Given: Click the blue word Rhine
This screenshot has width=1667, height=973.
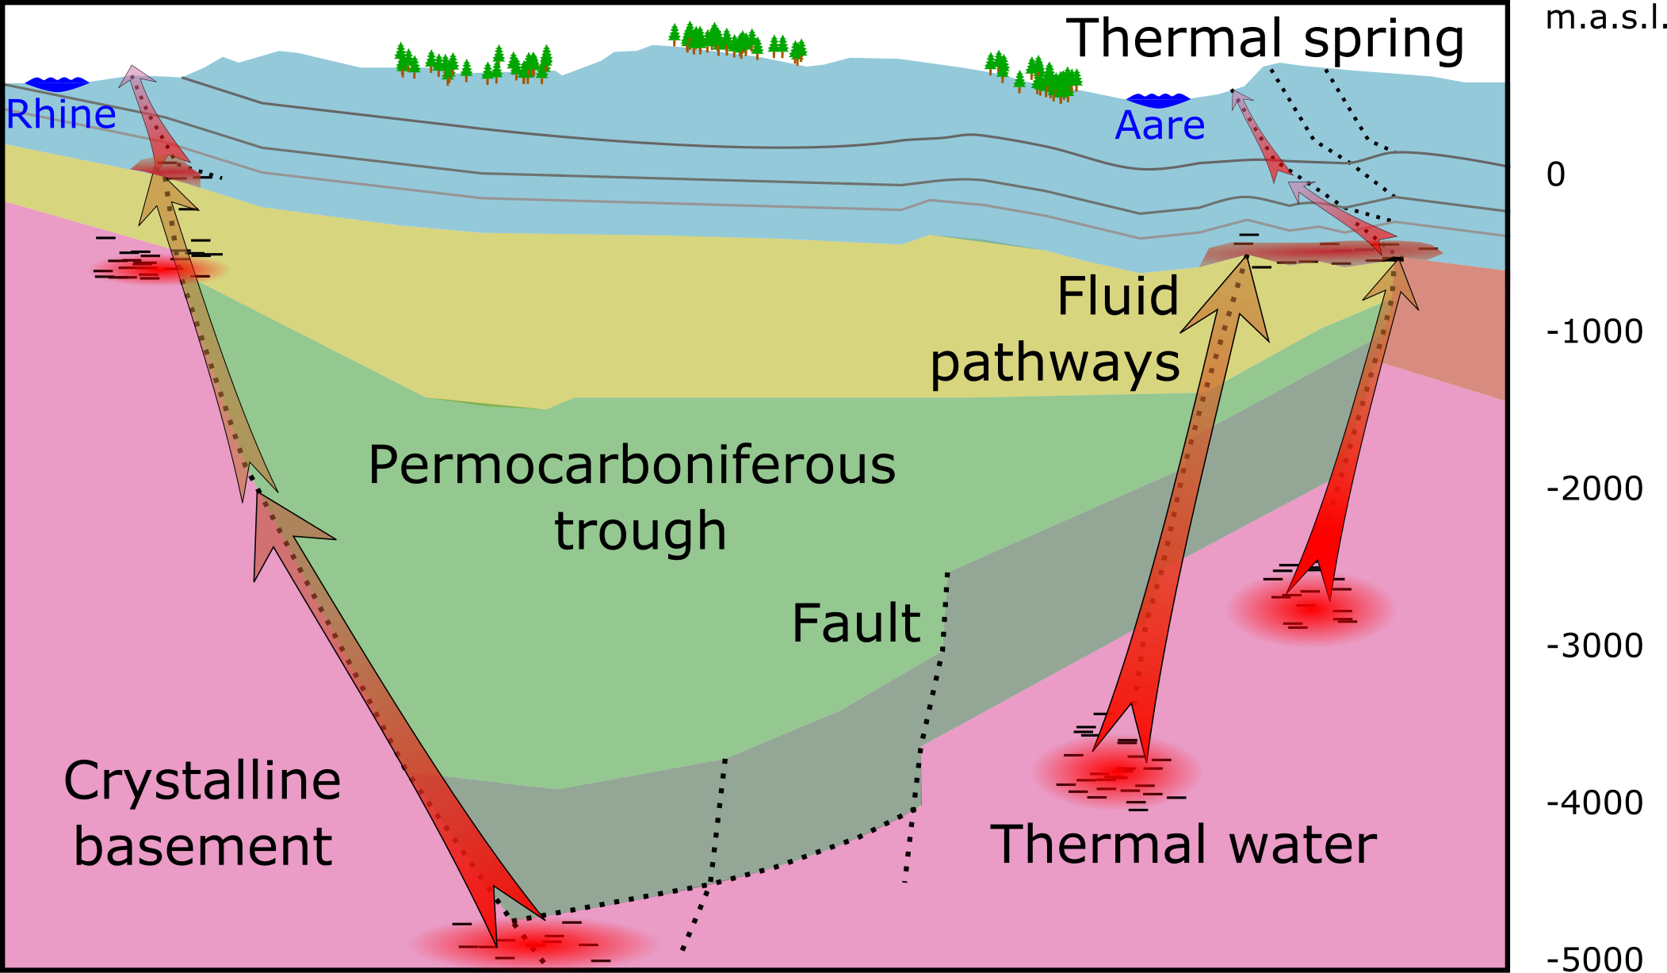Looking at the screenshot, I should click(61, 115).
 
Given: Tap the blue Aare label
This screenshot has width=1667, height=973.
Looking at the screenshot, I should click(1160, 126).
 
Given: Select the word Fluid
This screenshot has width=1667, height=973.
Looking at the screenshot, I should click(1118, 297).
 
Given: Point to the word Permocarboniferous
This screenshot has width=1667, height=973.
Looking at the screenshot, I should click(632, 465).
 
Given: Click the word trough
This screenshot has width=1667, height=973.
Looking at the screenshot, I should click(640, 531).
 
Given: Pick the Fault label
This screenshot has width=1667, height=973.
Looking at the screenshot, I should click(856, 623).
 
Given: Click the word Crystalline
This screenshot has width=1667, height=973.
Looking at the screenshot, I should click(202, 781).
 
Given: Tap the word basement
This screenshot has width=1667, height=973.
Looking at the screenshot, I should click(203, 847).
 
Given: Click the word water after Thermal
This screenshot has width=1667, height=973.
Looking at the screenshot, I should click(1303, 845).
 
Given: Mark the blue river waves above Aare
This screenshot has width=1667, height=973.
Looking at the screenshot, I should click(1159, 99).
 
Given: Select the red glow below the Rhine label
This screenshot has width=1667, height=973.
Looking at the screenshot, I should click(159, 269).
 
